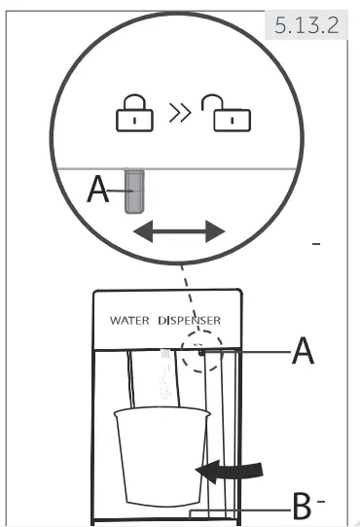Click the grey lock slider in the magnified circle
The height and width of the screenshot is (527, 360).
coord(134,192)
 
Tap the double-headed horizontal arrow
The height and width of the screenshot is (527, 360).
coord(179,231)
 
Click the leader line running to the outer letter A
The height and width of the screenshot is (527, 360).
coord(248,354)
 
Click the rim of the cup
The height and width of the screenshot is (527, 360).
coord(160,413)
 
